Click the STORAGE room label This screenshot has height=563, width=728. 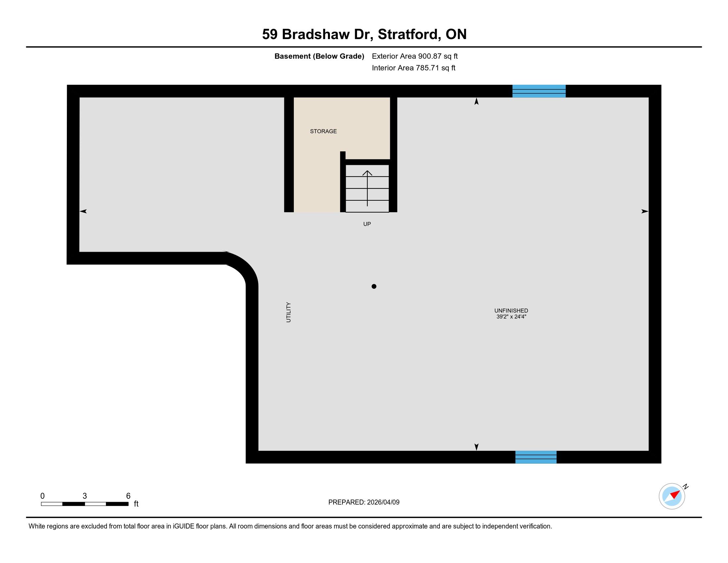coord(323,131)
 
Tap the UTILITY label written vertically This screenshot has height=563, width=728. coord(289,312)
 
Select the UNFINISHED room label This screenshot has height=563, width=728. coord(511,311)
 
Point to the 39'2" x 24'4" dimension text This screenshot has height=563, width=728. coord(511,317)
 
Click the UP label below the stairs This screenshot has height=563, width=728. coord(367,224)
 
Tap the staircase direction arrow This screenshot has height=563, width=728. coord(367,188)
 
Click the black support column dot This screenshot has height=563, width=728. coord(374,286)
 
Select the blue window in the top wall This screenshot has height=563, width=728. coord(539,91)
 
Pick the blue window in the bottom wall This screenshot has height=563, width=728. coord(536,457)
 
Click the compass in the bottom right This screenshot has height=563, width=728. coord(672,496)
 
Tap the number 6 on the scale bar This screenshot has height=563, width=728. coord(128,496)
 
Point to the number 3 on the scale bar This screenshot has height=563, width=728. coord(85,496)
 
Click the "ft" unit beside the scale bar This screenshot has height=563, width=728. coord(136,504)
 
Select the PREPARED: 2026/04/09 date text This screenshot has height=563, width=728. coord(364,502)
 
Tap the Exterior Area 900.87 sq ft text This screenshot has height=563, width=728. coord(415,56)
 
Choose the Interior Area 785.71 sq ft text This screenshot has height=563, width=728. coord(413,68)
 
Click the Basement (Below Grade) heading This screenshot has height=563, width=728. coord(319,56)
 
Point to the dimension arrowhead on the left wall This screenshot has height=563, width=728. coord(83,211)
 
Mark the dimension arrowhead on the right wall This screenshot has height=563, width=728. coord(645,211)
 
